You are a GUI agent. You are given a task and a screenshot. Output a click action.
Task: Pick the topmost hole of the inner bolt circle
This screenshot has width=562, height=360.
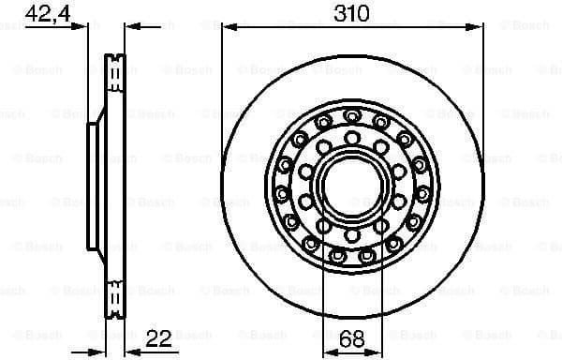351,138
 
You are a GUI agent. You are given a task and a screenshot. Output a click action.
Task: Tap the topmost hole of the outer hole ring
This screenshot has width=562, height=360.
351,115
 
